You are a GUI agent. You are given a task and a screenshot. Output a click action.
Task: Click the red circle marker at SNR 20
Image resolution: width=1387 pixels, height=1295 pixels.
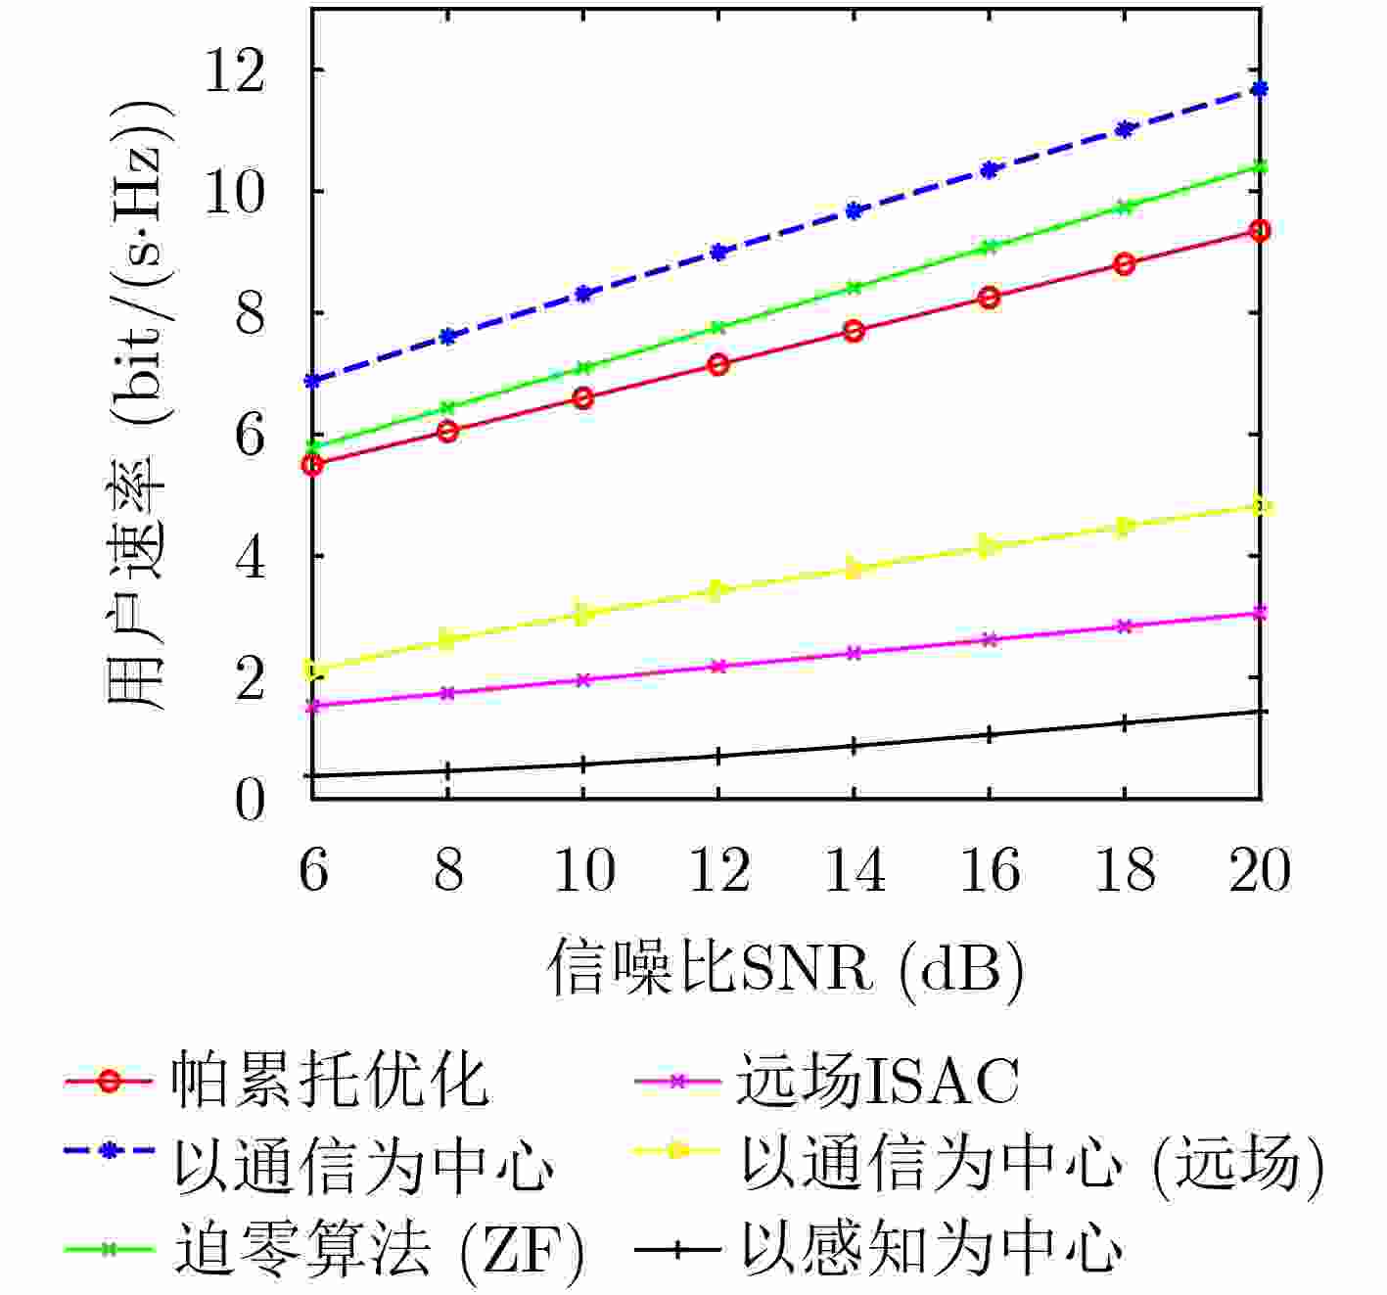tap(1260, 230)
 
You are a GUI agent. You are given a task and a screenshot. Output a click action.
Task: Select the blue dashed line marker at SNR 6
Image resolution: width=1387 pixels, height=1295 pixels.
tap(312, 380)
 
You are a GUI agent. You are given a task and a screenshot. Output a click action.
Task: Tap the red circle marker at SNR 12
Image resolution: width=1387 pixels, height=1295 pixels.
tap(718, 364)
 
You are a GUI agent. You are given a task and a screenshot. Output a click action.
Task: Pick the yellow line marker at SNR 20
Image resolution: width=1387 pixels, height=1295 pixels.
tap(1260, 506)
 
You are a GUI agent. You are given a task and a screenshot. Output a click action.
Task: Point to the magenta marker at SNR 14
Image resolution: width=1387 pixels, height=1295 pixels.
tap(854, 653)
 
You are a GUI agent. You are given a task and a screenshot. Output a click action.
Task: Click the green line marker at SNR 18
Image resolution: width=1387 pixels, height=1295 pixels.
tap(1125, 207)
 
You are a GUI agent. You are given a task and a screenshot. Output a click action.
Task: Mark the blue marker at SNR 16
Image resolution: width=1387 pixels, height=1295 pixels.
tap(990, 169)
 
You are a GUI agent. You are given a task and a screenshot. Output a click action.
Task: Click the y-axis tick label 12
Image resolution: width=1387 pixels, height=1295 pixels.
tap(234, 71)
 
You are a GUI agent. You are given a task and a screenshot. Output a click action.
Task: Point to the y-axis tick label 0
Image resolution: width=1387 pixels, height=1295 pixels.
tap(250, 801)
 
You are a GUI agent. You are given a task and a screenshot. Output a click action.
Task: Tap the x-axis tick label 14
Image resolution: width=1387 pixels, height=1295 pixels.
tap(854, 870)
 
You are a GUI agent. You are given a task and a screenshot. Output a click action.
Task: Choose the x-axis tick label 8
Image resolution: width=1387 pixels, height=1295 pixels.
tap(448, 870)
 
